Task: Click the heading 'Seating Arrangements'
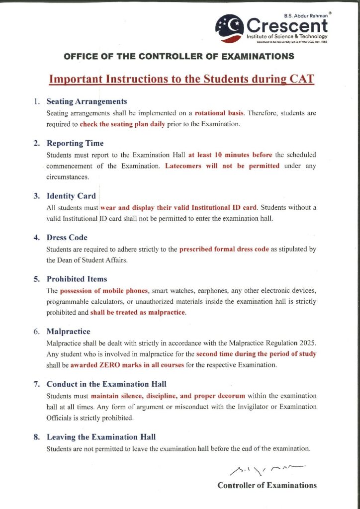[87, 101]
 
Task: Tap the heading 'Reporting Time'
[75, 144]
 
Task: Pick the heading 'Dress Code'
[67, 238]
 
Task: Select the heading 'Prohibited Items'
[77, 279]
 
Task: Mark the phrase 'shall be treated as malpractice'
[138, 313]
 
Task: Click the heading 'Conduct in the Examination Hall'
[106, 384]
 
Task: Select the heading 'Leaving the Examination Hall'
[101, 437]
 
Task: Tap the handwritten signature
[268, 468]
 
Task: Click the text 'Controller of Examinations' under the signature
[267, 486]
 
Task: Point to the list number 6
[37, 332]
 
